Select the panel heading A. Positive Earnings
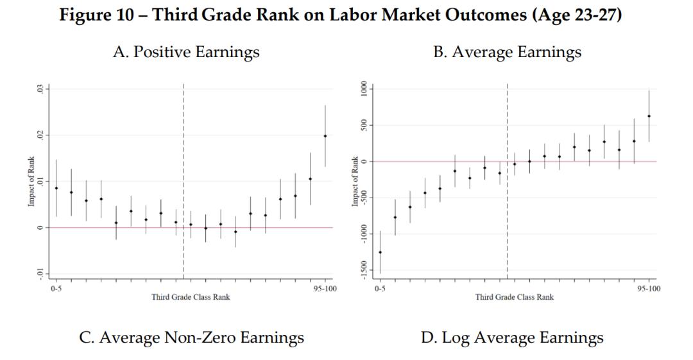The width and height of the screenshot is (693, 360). point(185,53)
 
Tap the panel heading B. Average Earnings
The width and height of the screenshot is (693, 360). point(507,53)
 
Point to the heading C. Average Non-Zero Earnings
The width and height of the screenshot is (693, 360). point(191,337)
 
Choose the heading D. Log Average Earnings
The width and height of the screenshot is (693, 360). point(512,337)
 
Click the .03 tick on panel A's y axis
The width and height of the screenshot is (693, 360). point(40,89)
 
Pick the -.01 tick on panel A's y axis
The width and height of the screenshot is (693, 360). point(40,274)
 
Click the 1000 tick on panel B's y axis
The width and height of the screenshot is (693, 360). point(364,89)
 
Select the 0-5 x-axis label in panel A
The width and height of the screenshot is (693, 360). point(56,289)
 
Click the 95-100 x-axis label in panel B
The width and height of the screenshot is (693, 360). point(649,289)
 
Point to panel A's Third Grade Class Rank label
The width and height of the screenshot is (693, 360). point(191,297)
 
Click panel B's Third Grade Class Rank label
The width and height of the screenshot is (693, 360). point(514,297)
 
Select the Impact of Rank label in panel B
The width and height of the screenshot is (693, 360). point(355,182)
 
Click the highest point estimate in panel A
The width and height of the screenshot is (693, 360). point(325,136)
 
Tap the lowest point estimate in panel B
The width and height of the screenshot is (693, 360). point(380,252)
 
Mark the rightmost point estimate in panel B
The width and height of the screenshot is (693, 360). point(649,116)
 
